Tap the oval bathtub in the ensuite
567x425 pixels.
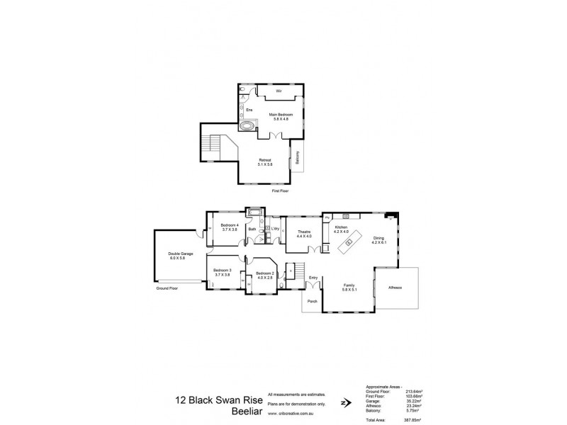tap(247, 127)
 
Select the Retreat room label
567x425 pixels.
tap(265, 160)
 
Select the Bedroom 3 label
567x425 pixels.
tap(223, 271)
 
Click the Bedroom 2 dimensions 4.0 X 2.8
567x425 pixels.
tap(264, 277)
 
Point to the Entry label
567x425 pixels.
tap(313, 278)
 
